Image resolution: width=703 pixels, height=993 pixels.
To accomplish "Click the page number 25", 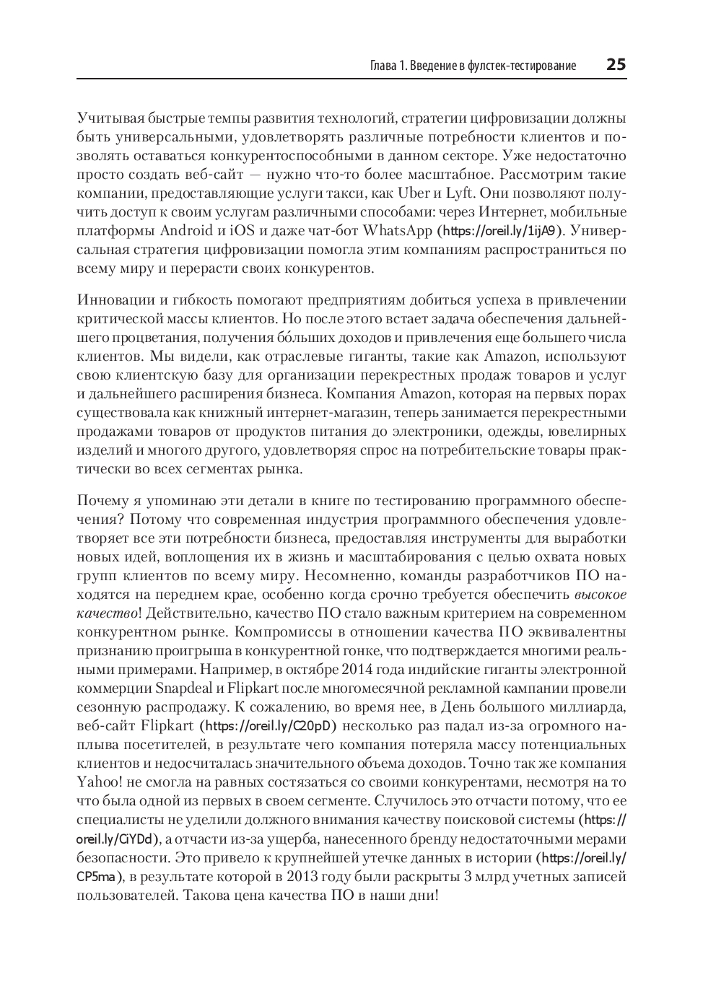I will point(616,65).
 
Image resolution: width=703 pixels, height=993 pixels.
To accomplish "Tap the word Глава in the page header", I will point(383,66).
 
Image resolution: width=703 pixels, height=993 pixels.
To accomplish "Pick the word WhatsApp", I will point(397,231).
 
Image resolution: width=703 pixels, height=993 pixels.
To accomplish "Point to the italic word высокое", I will point(601,595).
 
